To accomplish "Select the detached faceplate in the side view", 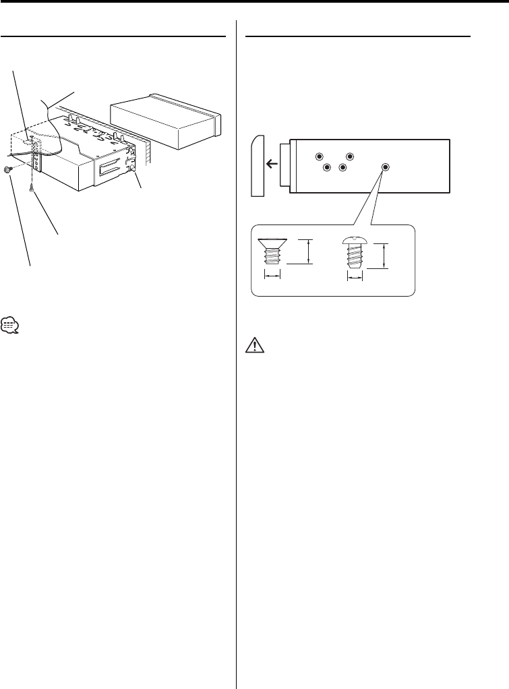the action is click(x=257, y=166).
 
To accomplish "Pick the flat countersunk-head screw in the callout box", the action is click(x=271, y=255).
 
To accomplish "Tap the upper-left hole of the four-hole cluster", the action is click(x=318, y=156).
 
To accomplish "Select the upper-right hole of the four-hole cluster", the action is click(x=350, y=156).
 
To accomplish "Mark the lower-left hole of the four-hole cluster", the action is click(x=326, y=167).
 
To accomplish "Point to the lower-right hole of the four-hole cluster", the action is click(x=342, y=167).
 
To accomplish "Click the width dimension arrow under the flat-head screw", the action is click(x=271, y=276).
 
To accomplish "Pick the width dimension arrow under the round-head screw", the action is click(x=355, y=276).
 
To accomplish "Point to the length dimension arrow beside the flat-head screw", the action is click(x=309, y=251).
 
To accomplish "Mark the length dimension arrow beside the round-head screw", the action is click(x=384, y=256).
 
